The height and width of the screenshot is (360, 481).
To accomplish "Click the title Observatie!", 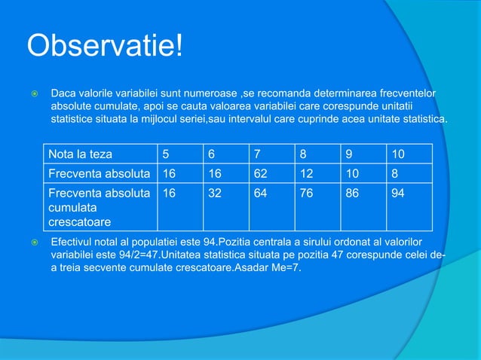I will pyautogui.click(x=105, y=47).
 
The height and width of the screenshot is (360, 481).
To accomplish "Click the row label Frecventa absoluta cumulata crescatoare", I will pyautogui.click(x=98, y=208).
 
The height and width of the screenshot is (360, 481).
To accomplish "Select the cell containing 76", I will pyautogui.click(x=308, y=192).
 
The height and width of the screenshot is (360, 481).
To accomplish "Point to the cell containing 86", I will pyautogui.click(x=353, y=192).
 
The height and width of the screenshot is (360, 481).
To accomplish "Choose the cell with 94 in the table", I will pyautogui.click(x=398, y=192).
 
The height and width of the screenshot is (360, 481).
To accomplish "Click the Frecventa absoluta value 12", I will pyautogui.click(x=308, y=173).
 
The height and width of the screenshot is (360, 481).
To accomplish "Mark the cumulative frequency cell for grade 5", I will pyautogui.click(x=170, y=192).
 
